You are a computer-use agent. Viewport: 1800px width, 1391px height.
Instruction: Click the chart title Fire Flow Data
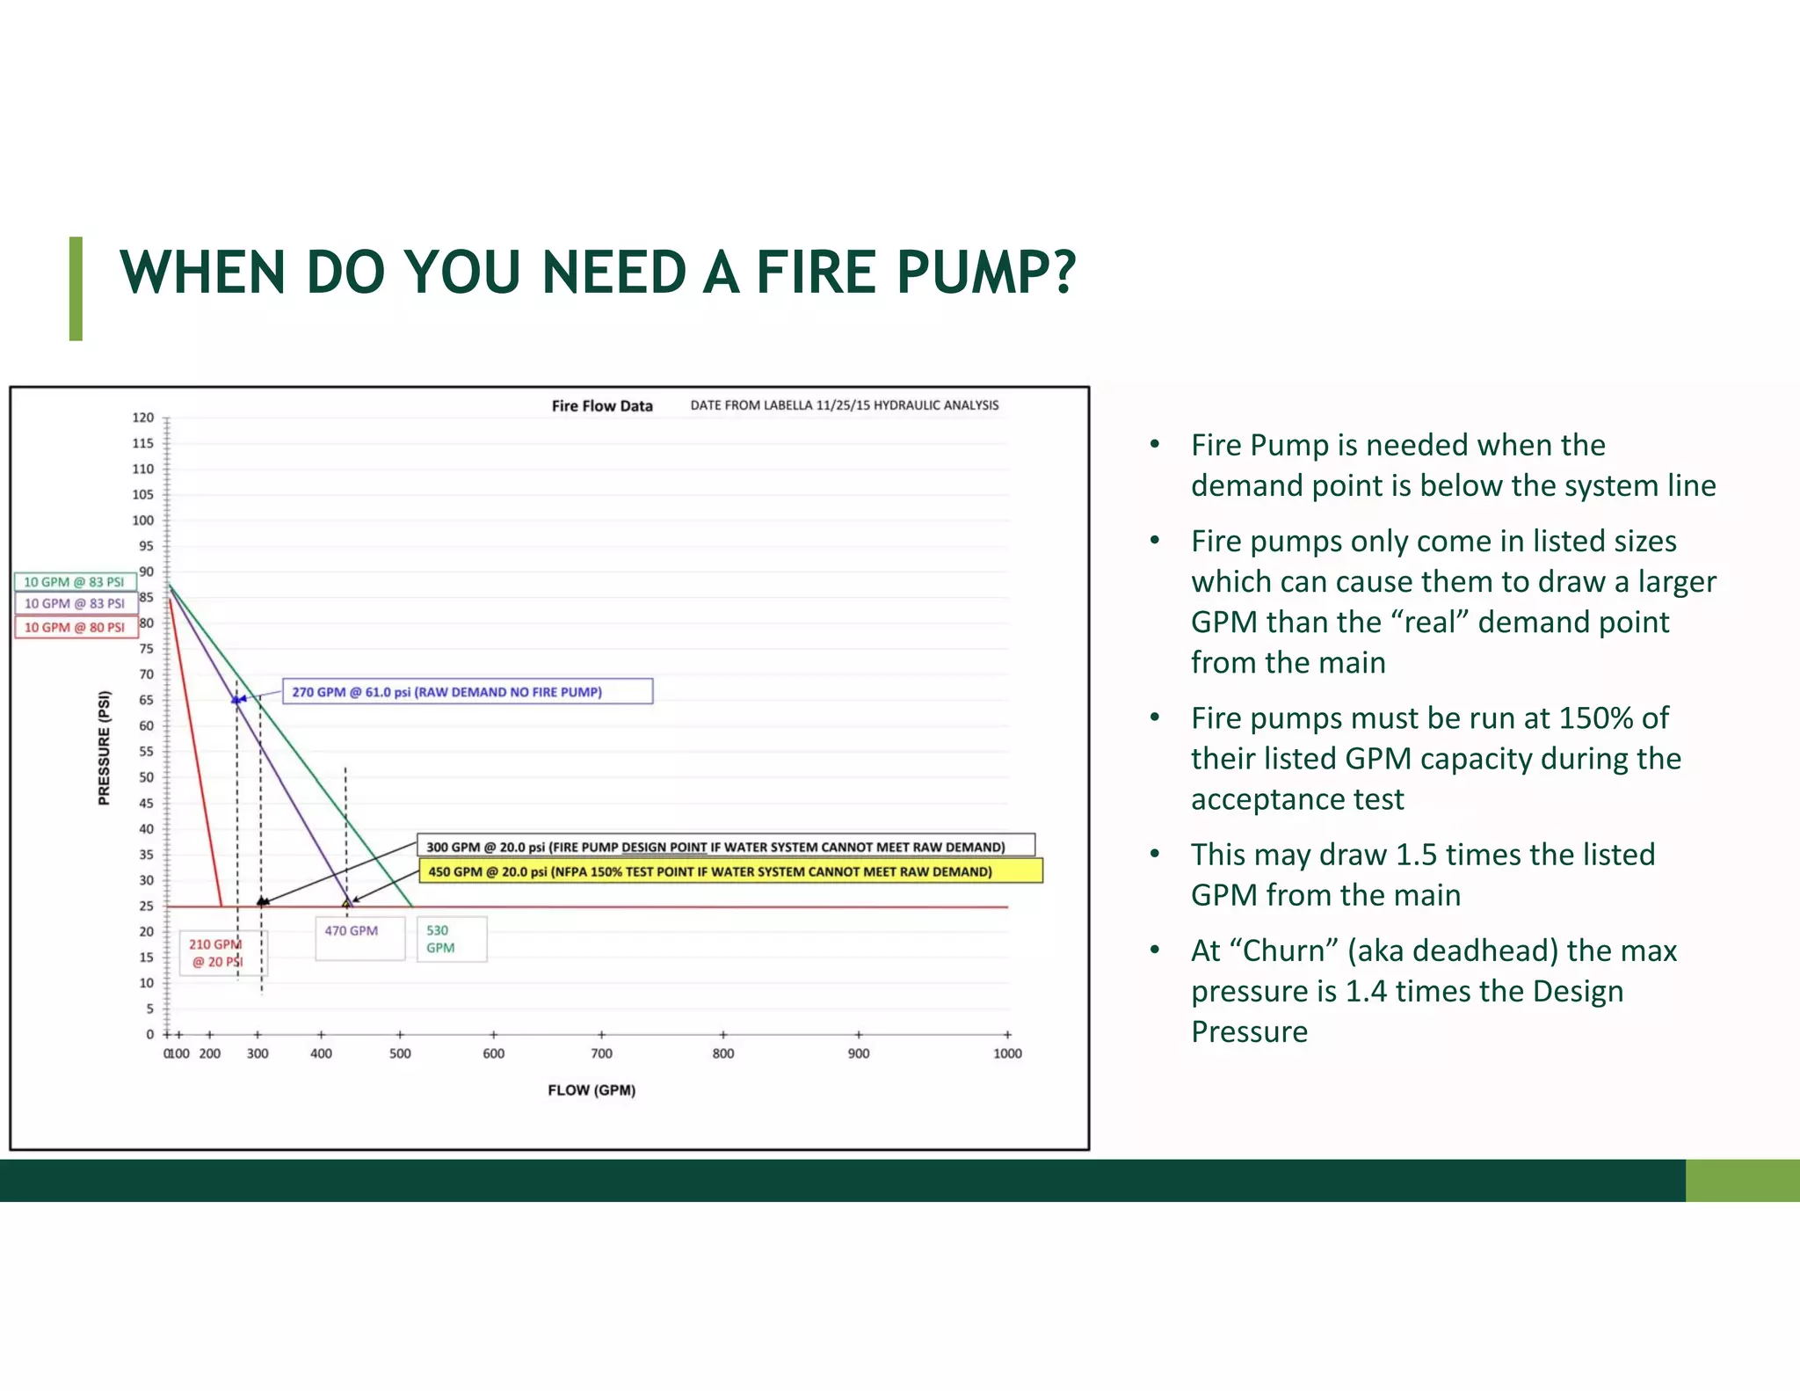pyautogui.click(x=602, y=406)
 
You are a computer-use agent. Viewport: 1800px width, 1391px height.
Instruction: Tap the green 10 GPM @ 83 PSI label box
pyautogui.click(x=75, y=582)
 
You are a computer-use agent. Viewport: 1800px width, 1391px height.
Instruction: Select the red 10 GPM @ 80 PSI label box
pyautogui.click(x=75, y=627)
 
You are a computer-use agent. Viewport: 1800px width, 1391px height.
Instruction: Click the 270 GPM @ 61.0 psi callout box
pyautogui.click(x=467, y=692)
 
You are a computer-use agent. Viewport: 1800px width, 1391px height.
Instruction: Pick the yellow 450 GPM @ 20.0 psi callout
pyautogui.click(x=729, y=871)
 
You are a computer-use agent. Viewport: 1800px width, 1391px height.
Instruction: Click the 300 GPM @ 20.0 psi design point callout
pyautogui.click(x=725, y=847)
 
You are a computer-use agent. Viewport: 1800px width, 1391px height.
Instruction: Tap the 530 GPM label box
pyautogui.click(x=451, y=939)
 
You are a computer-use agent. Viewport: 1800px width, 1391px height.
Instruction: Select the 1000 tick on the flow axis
pyautogui.click(x=1007, y=1053)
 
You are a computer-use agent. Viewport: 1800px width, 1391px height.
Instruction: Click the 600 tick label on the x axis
pyautogui.click(x=494, y=1053)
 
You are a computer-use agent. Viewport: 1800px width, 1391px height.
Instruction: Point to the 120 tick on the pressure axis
pyautogui.click(x=143, y=418)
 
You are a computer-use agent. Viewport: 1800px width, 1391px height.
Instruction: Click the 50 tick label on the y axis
pyautogui.click(x=146, y=777)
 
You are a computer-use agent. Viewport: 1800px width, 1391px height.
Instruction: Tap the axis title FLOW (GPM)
pyautogui.click(x=592, y=1090)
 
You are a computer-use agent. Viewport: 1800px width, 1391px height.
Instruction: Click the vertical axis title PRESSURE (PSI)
pyautogui.click(x=105, y=748)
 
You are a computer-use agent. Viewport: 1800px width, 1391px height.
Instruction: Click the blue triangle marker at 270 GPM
pyautogui.click(x=236, y=700)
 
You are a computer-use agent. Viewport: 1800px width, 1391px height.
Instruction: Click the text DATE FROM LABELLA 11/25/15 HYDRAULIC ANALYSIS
pyautogui.click(x=844, y=405)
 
